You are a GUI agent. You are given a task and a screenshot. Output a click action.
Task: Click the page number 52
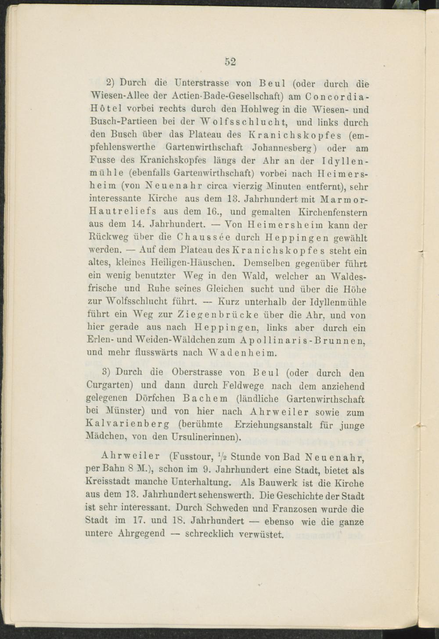pos(231,61)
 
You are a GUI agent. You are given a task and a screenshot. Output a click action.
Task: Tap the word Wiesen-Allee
pos(116,96)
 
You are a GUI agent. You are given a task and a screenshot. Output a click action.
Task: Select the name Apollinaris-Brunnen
pos(303,341)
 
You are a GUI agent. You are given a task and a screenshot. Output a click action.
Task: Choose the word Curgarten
pos(112,386)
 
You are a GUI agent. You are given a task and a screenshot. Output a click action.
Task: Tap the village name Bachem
pos(206,399)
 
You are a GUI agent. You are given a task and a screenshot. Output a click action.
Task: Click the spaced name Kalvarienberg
pos(128,424)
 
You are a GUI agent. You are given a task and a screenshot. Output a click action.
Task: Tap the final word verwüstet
pos(262,534)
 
